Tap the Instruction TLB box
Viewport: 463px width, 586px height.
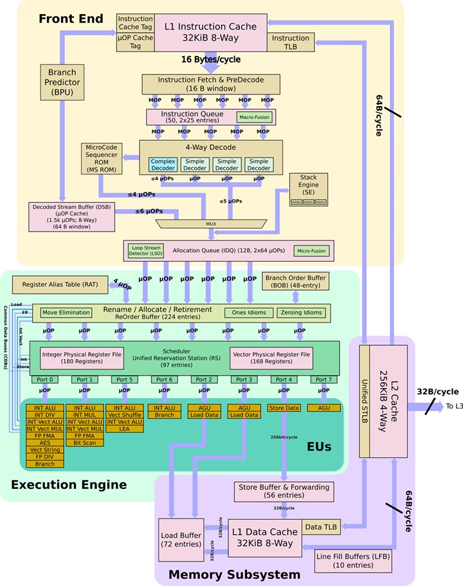tap(291, 42)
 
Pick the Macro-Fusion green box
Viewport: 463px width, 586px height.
tap(255, 118)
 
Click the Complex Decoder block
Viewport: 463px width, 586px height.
tap(163, 165)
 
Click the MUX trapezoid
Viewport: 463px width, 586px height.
tap(210, 224)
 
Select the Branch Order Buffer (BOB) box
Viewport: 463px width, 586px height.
tap(295, 281)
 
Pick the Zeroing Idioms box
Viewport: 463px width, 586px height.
tap(301, 313)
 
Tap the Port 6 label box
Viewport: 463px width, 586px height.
tap(165, 380)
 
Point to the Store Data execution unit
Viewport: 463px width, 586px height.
tap(284, 408)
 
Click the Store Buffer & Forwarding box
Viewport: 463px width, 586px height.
tap(284, 491)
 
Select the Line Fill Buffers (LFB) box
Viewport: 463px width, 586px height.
tap(353, 560)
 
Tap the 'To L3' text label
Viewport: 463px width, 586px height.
tap(454, 407)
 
